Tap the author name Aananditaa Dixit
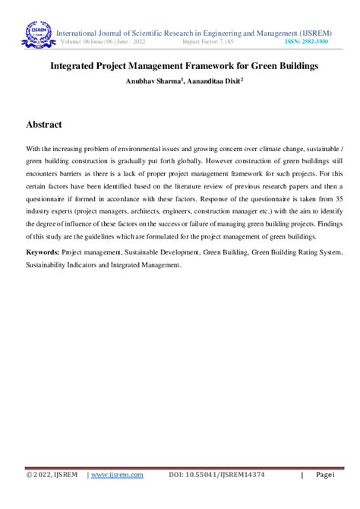216,81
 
